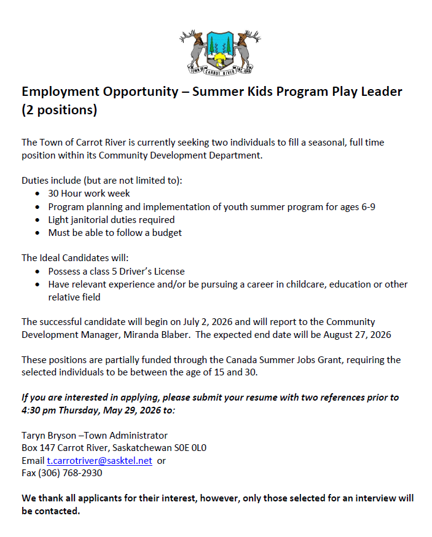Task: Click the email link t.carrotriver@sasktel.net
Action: [x=100, y=461]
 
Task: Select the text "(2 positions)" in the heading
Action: [x=60, y=111]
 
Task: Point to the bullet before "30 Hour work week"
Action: [x=39, y=194]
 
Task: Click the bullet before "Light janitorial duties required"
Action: [x=39, y=220]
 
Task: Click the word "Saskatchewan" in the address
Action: [x=136, y=448]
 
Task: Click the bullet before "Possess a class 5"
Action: [x=39, y=272]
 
